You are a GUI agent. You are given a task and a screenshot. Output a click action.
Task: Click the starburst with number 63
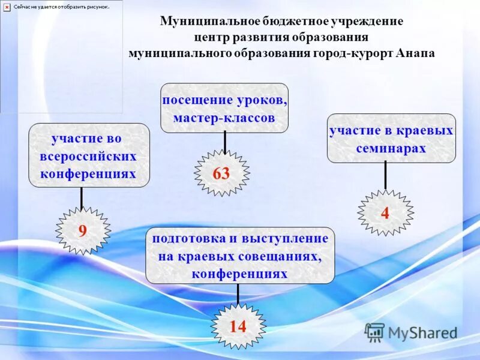point(221,173)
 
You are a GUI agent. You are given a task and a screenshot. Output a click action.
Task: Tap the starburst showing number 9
point(83,231)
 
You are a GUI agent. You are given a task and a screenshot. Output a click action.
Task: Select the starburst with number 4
point(385,213)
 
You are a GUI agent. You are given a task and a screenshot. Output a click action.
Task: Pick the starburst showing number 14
point(238,326)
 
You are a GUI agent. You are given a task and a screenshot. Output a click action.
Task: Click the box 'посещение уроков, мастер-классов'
point(224,108)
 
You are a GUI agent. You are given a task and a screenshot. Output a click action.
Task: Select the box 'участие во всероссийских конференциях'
point(89,155)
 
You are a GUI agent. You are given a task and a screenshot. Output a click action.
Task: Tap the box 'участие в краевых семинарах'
point(391,139)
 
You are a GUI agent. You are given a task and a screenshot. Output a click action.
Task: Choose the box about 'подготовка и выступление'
point(240,255)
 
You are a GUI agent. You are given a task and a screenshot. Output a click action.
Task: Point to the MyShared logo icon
point(375,332)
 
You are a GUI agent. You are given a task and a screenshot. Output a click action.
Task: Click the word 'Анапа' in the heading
point(415,52)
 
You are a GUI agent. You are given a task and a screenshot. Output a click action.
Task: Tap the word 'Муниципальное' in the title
point(209,21)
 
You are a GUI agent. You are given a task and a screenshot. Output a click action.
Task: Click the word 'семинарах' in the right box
point(391,148)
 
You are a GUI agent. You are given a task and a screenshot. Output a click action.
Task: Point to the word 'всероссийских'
point(89,156)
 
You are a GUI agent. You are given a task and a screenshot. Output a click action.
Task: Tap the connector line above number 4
point(385,176)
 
